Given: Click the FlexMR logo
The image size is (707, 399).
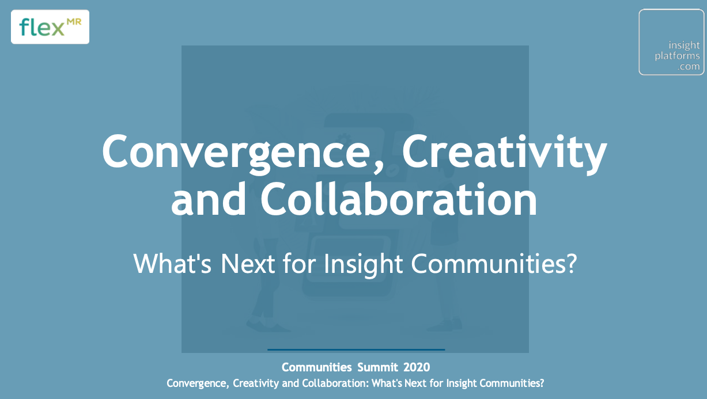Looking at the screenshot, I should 50,27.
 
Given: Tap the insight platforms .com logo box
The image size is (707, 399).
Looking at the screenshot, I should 671,42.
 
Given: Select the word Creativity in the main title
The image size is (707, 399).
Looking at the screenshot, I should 504,151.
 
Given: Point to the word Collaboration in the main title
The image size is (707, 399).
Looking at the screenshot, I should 399,200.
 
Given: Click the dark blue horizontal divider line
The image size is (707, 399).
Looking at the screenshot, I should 356,349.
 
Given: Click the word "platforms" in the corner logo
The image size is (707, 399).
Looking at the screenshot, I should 677,56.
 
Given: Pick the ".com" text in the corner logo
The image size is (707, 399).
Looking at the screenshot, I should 689,66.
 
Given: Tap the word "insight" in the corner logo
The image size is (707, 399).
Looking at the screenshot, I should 684,45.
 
